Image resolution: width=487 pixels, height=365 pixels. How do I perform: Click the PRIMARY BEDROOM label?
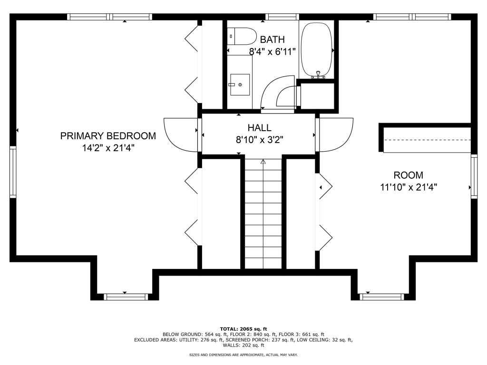tap(108, 136)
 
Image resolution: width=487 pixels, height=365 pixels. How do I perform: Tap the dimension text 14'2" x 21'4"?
tap(108, 148)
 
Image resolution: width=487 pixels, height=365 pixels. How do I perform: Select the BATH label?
tap(273, 40)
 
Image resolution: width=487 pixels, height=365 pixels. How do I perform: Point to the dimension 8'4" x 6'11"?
tap(273, 51)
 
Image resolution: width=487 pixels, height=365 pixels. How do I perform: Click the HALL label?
tap(259, 127)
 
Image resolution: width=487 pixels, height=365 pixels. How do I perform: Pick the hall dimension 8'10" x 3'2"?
tap(259, 140)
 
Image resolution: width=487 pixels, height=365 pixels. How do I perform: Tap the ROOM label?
tap(409, 175)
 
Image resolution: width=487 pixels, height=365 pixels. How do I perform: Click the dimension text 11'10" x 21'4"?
tap(409, 187)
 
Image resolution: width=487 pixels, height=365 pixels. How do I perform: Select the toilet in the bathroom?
tap(242, 36)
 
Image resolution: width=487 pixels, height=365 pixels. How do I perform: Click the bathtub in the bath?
tap(316, 49)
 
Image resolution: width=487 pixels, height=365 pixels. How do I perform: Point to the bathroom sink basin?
tap(240, 85)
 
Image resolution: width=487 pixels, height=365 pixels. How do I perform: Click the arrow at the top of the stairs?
tap(263, 162)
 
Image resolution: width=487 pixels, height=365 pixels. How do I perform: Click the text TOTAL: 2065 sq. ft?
tap(243, 329)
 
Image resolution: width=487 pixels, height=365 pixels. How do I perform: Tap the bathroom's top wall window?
tap(282, 17)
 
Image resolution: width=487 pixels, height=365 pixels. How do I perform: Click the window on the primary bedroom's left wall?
tap(13, 172)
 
